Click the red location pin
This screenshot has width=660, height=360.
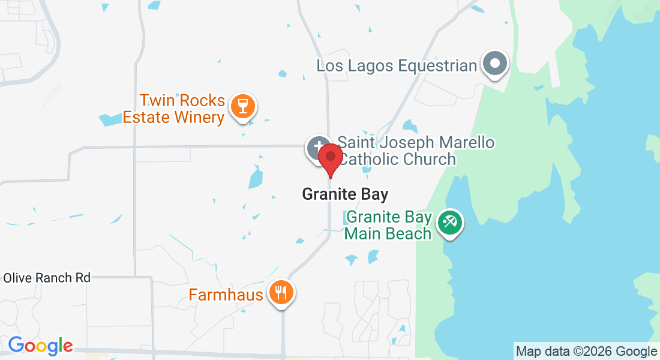click(x=330, y=157)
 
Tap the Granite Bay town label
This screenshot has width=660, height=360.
click(x=345, y=194)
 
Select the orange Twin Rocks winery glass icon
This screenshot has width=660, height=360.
click(x=243, y=107)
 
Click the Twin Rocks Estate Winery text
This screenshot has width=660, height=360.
click(x=173, y=109)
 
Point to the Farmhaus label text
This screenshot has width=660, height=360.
click(x=226, y=295)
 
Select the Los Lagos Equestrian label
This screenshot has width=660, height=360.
click(x=397, y=65)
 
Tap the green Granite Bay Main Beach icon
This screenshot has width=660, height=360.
click(x=449, y=223)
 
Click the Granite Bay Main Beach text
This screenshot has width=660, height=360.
click(x=389, y=225)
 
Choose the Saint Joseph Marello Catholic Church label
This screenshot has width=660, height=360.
click(x=415, y=151)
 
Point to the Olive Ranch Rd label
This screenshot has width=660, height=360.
click(x=47, y=278)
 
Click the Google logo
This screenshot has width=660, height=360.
click(x=40, y=346)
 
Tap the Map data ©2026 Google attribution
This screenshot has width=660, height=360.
click(x=587, y=351)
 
